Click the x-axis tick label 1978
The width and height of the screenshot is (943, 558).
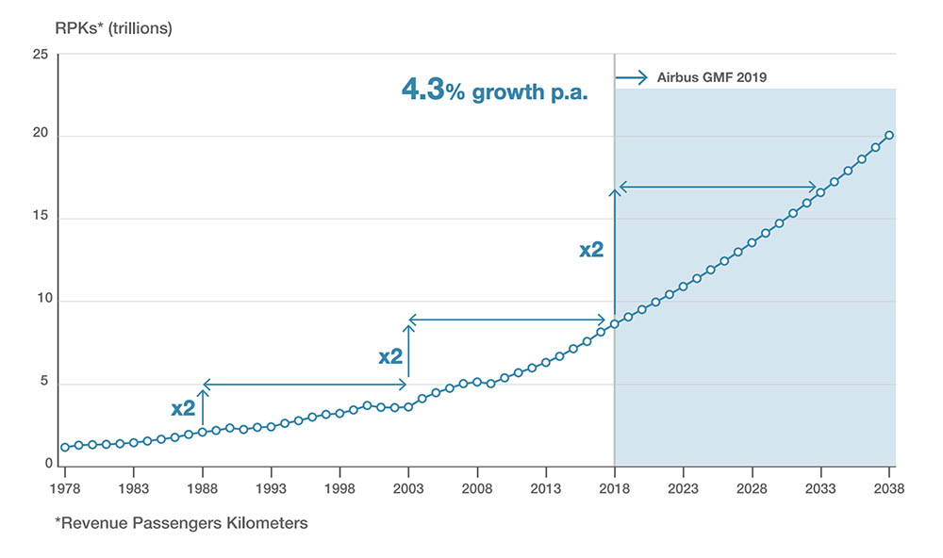(x=64, y=488)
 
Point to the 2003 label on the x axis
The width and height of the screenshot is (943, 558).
(x=408, y=488)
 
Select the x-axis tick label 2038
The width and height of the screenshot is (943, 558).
(x=889, y=488)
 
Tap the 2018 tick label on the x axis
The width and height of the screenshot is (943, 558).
(x=614, y=488)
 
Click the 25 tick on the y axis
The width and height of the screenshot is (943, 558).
(x=40, y=55)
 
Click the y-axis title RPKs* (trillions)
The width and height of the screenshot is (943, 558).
(x=114, y=28)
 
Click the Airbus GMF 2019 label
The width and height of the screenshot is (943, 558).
(x=711, y=77)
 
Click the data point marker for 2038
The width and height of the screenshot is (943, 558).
(x=889, y=135)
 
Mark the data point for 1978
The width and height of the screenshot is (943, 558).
(x=64, y=447)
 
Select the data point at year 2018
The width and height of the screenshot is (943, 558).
(x=614, y=323)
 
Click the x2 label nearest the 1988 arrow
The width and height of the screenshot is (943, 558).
(x=183, y=409)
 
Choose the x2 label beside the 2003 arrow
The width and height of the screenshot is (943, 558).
(x=390, y=356)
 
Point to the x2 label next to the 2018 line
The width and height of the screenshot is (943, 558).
(x=591, y=250)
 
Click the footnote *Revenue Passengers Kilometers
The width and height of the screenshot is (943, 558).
(x=181, y=522)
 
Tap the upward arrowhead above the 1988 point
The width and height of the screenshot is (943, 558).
(x=203, y=385)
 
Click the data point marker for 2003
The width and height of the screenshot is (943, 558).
(x=408, y=406)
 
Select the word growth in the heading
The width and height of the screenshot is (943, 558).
(x=510, y=92)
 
